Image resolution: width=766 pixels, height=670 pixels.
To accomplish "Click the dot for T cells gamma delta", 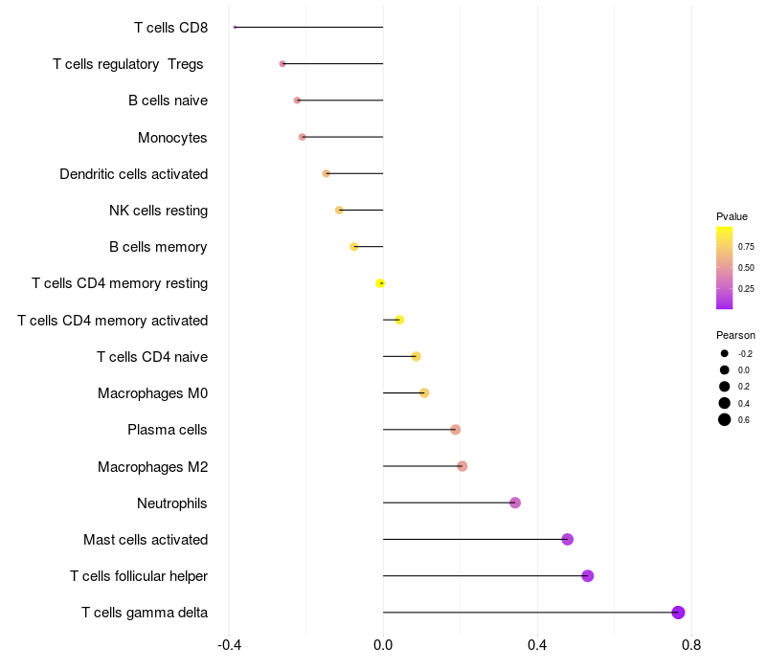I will pos(678,613).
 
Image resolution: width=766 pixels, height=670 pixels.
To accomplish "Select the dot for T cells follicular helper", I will pos(588,575).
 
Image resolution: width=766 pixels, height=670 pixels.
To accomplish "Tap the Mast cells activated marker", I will pos(567,539).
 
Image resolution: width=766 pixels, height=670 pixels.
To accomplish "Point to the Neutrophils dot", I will pos(515,502).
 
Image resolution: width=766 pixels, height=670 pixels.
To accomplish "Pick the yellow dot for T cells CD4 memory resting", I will pos(380,283).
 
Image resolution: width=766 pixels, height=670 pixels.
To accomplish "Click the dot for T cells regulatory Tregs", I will pos(282,63).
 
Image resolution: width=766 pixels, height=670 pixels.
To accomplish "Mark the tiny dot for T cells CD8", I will pos(235,27).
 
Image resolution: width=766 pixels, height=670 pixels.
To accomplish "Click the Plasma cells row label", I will pos(167,430).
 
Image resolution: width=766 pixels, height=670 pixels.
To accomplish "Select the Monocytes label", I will pos(172,137).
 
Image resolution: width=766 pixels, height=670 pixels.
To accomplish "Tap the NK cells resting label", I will pos(158,210).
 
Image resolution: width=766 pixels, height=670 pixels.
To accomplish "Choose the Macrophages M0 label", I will pos(152,393).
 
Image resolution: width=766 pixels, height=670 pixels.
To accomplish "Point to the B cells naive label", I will pos(168,100).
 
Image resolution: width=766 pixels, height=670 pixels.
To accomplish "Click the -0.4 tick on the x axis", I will pos(229,645).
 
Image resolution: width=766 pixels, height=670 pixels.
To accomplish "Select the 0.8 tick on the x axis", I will pos(690,645).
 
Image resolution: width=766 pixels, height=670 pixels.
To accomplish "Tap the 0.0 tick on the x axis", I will pos(383,645).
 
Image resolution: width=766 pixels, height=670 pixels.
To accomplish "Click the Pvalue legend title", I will pos(732,216).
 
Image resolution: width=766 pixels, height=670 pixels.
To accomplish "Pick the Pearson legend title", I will pos(735,335).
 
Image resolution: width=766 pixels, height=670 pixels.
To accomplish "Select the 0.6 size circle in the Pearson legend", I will pos(725,419).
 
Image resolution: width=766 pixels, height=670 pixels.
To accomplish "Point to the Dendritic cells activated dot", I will pos(327,173).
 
